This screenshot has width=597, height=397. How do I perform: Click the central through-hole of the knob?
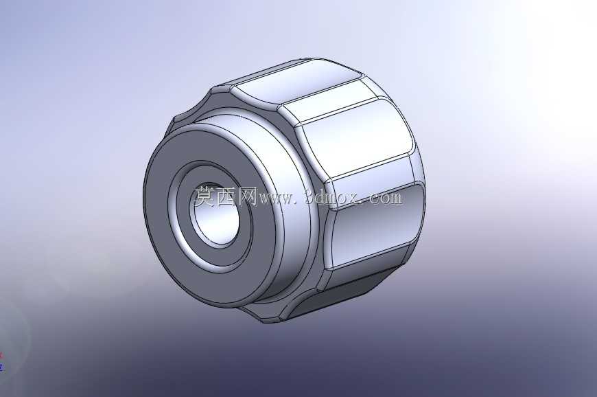[217, 214]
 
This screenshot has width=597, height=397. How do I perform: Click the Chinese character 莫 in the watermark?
[206, 197]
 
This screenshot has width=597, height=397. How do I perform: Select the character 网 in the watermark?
[248, 197]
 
